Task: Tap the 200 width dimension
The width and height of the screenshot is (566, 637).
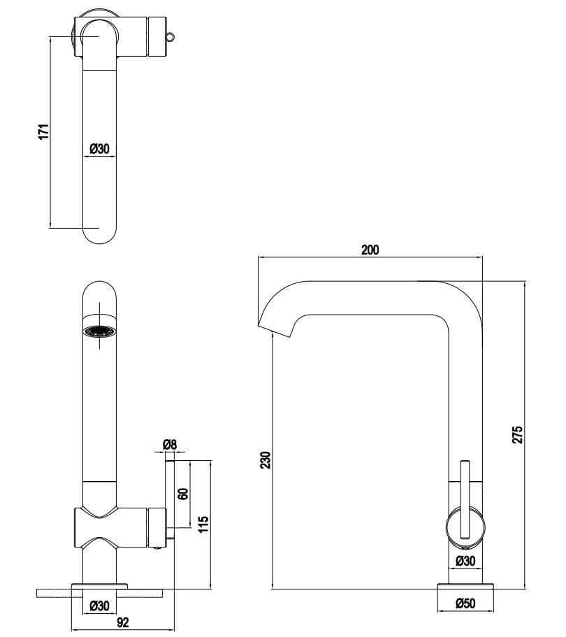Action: click(370, 250)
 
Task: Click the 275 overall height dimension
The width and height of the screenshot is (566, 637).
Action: click(518, 434)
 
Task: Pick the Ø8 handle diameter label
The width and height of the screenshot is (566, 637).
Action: click(170, 444)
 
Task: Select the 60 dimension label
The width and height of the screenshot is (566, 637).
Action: click(183, 494)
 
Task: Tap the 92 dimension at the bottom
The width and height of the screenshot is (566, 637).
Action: click(122, 622)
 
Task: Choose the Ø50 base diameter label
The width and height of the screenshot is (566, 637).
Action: click(465, 603)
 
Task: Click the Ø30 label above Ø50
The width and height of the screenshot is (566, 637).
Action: click(465, 560)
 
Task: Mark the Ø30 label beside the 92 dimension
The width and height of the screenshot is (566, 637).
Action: click(100, 606)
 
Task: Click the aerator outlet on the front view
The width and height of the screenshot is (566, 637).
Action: click(99, 333)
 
